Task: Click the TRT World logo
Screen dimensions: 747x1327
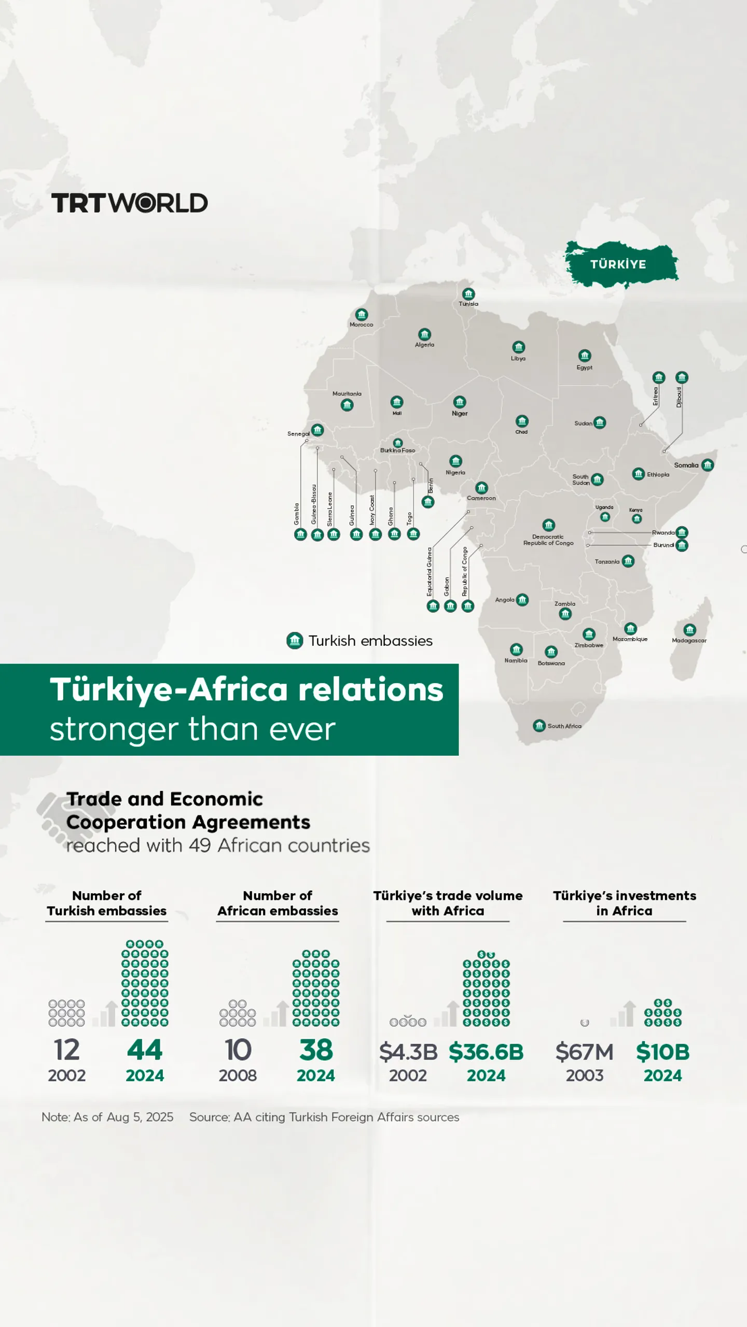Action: point(129,203)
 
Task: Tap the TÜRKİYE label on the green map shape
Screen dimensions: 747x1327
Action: point(618,264)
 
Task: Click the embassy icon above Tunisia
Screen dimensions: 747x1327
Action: point(468,294)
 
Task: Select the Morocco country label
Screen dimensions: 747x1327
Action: point(361,324)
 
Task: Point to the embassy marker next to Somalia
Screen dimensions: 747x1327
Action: point(708,465)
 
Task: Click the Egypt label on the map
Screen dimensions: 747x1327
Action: point(584,368)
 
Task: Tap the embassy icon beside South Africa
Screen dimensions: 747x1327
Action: point(539,725)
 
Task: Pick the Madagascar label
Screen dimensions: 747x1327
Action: point(689,641)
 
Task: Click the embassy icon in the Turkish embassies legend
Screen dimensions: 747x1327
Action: point(295,641)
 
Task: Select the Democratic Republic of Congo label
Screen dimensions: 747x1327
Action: point(548,540)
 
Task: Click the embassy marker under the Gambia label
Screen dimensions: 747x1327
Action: point(300,534)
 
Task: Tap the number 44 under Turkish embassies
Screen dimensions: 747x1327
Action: point(145,1050)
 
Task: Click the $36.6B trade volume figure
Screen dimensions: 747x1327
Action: point(486,1052)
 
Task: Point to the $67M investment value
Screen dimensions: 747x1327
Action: point(584,1052)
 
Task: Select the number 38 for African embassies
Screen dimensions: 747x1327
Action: point(316,1050)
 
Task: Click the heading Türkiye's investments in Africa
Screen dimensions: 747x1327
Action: point(624,903)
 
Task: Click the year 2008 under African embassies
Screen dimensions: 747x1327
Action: point(238,1076)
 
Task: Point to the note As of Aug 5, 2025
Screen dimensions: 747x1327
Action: point(107,1117)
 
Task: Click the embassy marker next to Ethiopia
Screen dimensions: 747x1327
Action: point(638,474)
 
